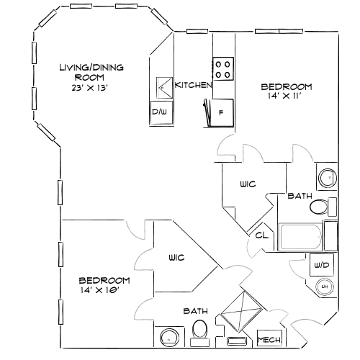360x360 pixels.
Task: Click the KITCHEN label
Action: (194, 85)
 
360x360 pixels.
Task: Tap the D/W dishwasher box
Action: (160, 112)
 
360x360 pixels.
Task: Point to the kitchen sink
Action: (161, 87)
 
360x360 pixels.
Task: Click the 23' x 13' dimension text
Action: (90, 88)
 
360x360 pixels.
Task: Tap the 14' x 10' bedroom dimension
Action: (99, 291)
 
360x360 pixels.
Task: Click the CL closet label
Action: (260, 235)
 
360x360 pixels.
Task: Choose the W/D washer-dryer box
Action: (321, 266)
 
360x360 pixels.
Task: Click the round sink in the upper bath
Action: (326, 176)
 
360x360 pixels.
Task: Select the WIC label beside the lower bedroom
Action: (178, 257)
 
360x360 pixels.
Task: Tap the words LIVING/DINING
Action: (91, 68)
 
